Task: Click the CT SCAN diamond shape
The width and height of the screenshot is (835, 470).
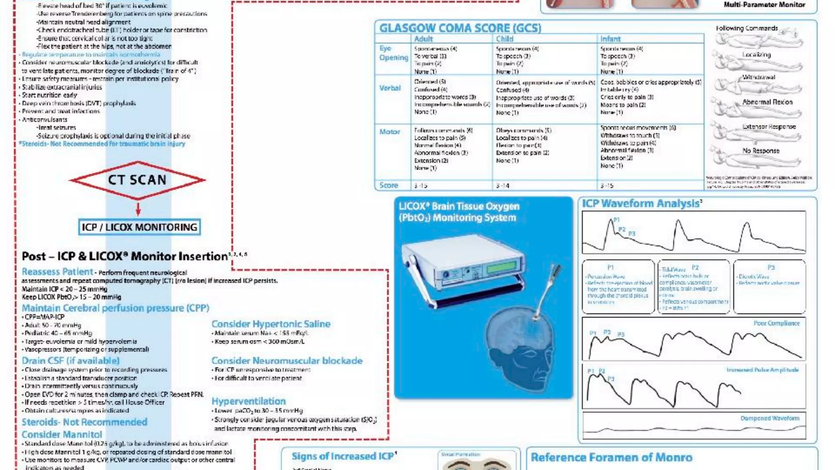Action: click(x=137, y=180)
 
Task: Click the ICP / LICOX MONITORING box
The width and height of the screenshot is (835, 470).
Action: click(x=139, y=227)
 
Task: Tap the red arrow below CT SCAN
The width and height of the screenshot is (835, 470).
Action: click(x=138, y=208)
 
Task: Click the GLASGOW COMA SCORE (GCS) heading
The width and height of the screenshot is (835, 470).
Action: click(x=460, y=28)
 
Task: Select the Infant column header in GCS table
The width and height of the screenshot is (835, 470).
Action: click(x=610, y=39)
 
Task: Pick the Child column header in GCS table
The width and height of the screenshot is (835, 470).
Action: click(x=504, y=39)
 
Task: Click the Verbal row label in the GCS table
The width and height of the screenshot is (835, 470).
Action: click(x=390, y=88)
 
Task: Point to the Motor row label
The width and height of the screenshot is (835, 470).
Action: click(x=389, y=132)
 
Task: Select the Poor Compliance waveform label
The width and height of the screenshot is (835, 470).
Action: click(x=776, y=323)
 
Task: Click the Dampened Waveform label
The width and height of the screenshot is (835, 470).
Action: click(x=770, y=418)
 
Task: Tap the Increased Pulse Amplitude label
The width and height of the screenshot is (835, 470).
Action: click(x=762, y=370)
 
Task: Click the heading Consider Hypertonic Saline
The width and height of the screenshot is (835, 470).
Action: click(x=271, y=324)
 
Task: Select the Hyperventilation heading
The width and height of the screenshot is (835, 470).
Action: click(x=248, y=401)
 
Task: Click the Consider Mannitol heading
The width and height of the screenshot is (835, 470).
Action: click(x=62, y=435)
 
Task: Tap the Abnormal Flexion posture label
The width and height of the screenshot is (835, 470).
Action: click(x=767, y=102)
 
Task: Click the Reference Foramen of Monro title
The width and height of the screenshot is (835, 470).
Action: click(x=611, y=457)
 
